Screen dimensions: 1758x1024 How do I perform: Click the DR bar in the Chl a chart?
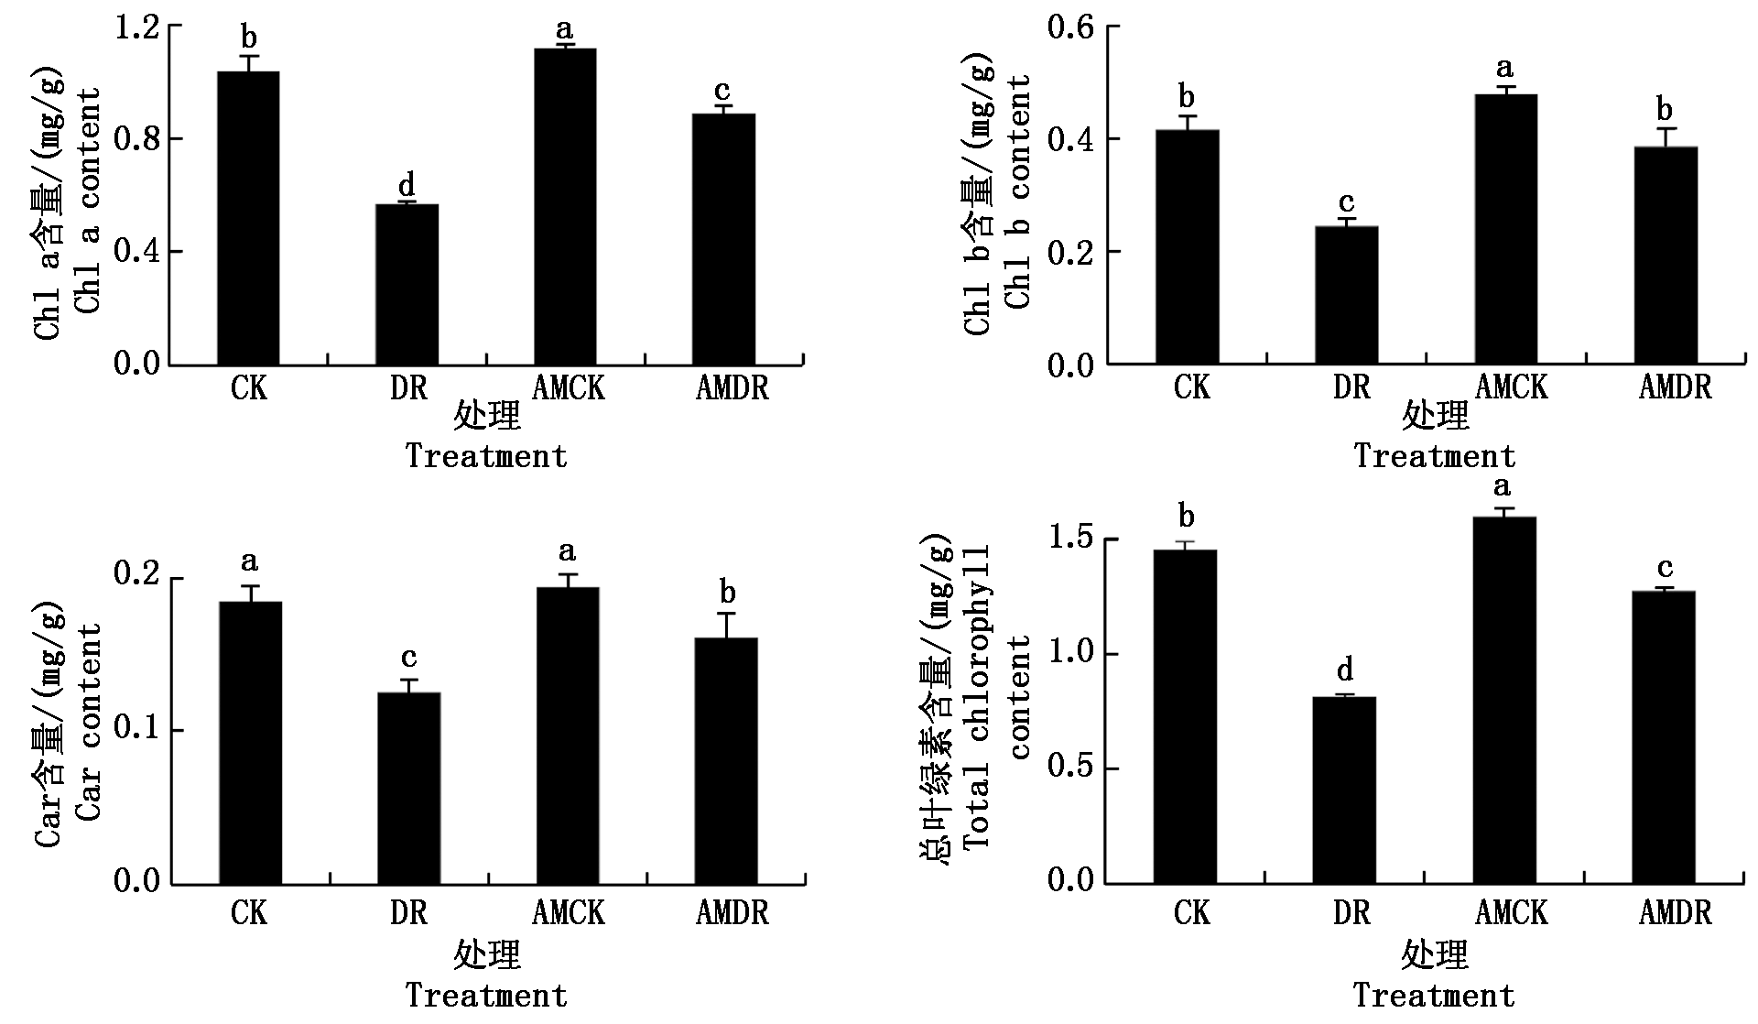[x=407, y=284]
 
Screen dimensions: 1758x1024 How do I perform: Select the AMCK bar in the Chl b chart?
[x=1506, y=229]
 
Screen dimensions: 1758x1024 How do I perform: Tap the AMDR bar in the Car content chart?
[x=726, y=760]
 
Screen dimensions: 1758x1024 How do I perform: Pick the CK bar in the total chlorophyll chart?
[x=1186, y=716]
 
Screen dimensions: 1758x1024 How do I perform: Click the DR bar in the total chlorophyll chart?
[x=1345, y=790]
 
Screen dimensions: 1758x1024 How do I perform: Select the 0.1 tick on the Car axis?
[x=136, y=730]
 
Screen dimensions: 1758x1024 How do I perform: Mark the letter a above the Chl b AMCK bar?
[x=1504, y=69]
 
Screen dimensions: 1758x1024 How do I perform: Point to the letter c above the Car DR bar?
[x=409, y=658]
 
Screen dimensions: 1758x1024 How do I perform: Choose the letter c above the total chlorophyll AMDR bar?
[x=1666, y=568]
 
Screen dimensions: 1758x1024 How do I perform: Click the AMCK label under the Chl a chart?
[x=569, y=388]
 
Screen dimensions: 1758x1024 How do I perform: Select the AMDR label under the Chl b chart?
[x=1675, y=387]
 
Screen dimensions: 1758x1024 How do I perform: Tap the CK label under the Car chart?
[x=249, y=912]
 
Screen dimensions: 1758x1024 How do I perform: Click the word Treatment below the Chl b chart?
[x=1435, y=456]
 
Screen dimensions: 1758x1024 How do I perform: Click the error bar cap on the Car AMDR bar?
[x=726, y=613]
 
